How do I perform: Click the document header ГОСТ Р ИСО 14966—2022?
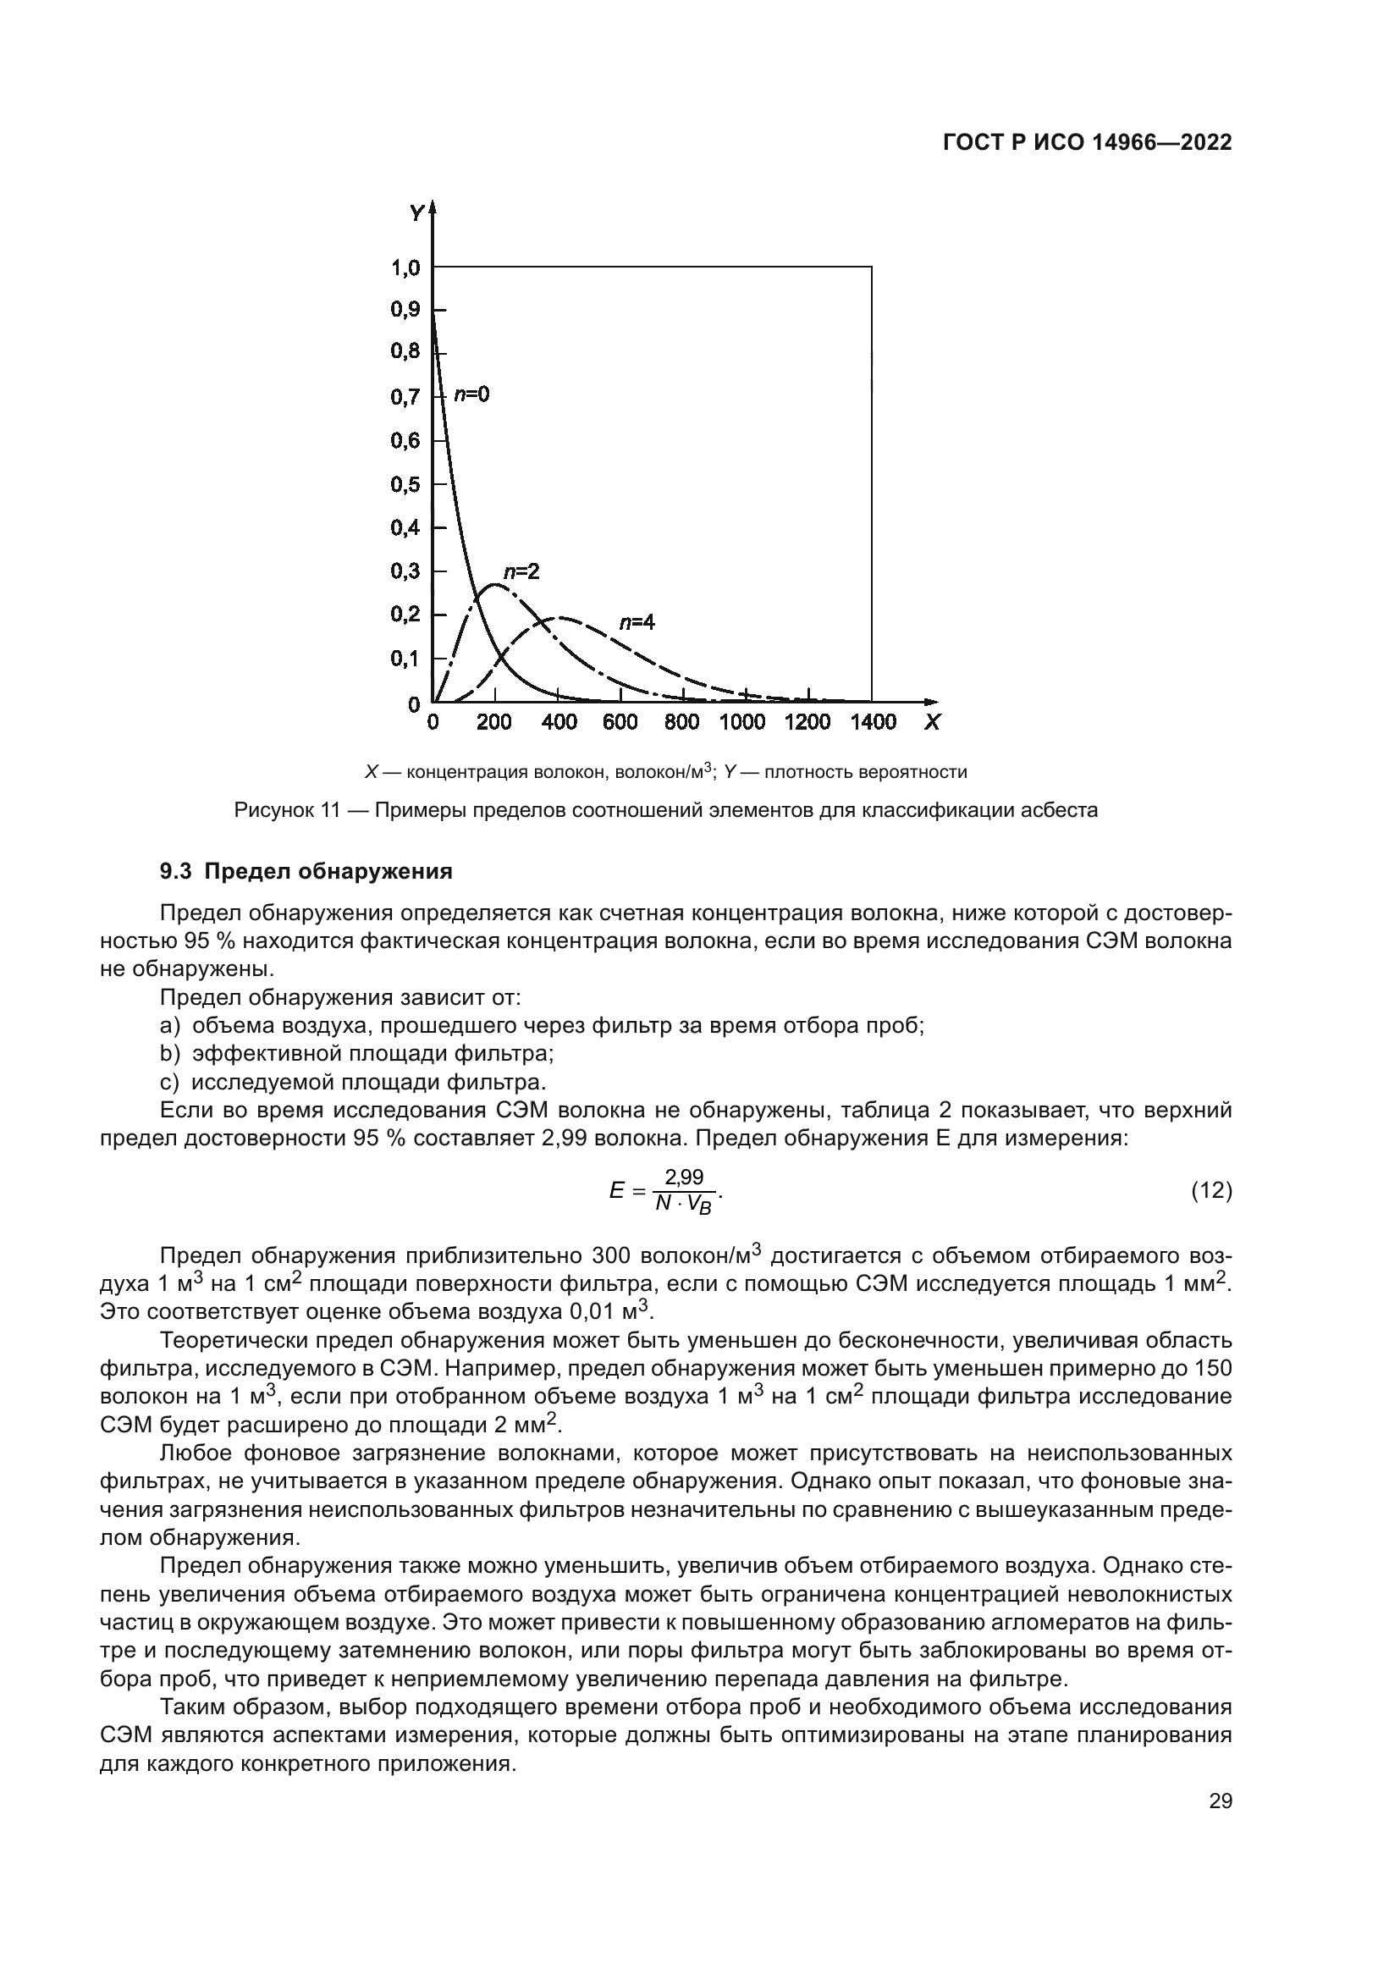(x=1087, y=143)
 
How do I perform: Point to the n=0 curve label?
(x=471, y=394)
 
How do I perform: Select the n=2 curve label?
(x=521, y=571)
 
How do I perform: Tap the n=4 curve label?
(x=637, y=622)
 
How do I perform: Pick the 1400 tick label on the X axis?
(x=873, y=723)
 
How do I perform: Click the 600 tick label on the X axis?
(x=620, y=723)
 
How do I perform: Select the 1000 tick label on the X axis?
(x=742, y=723)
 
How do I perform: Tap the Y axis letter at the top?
(x=416, y=212)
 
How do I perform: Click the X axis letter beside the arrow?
(x=932, y=723)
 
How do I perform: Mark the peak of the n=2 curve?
(x=493, y=585)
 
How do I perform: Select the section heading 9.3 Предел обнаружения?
(x=306, y=871)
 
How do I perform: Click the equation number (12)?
(x=1210, y=1191)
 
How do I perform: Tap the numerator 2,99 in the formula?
(x=684, y=1178)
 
